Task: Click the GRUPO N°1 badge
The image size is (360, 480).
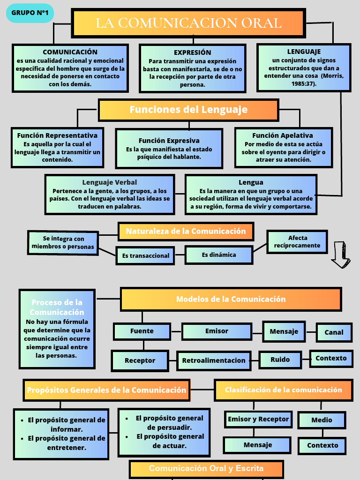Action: [30, 13]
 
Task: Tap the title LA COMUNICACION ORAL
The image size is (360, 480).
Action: [188, 23]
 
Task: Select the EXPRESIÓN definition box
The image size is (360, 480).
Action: [193, 68]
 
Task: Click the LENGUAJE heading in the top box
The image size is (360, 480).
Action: [304, 52]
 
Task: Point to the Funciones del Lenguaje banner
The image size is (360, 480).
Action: [188, 110]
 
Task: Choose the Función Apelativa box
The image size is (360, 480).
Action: [283, 148]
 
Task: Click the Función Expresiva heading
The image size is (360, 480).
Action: [169, 141]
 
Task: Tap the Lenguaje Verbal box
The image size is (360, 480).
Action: [110, 194]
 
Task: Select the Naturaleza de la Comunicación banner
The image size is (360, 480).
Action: [186, 231]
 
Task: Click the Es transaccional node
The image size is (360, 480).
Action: [145, 255]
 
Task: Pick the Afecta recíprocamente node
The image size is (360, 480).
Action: [297, 241]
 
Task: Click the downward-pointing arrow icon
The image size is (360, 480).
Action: [341, 255]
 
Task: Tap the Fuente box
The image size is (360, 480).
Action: [142, 331]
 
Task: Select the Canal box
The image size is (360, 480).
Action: [334, 332]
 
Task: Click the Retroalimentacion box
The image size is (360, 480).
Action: [214, 360]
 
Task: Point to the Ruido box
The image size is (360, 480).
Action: [280, 360]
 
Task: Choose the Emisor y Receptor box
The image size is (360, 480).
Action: [258, 419]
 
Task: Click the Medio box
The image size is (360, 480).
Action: [322, 420]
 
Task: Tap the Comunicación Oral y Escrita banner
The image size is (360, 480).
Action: [206, 469]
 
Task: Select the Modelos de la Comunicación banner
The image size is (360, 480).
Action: [231, 299]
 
